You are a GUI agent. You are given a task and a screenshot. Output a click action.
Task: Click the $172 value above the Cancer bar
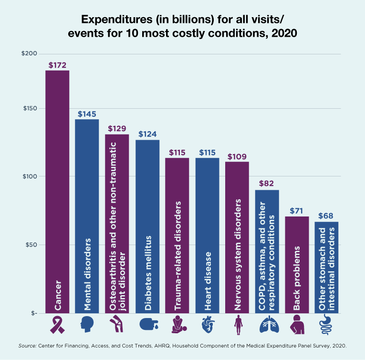(57, 64)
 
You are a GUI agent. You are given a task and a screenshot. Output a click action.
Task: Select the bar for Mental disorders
(87, 215)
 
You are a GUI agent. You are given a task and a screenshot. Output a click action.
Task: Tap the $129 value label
(117, 129)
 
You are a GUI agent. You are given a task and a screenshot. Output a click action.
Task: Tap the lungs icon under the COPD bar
(267, 325)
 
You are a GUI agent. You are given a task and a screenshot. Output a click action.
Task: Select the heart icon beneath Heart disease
(207, 324)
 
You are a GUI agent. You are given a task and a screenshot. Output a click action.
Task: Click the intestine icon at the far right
(326, 324)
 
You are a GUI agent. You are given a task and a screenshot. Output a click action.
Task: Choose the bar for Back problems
(297, 265)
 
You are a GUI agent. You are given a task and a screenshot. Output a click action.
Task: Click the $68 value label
(326, 216)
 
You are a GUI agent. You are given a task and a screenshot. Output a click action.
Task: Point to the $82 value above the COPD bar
(267, 184)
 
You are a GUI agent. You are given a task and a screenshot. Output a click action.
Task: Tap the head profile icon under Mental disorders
(87, 324)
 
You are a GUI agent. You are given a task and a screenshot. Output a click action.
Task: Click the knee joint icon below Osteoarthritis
(117, 324)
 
